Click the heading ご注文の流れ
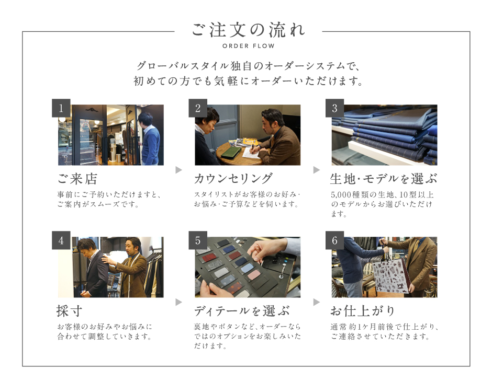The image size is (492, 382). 248,30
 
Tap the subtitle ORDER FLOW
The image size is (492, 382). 249,46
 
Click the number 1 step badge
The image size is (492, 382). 61,108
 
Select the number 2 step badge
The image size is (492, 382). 198,108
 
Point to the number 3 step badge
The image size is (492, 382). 334,108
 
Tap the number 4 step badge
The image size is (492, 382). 61,240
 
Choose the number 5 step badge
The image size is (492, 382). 198,240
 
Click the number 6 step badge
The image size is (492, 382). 334,240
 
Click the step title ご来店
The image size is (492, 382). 77,179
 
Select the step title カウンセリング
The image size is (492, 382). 233,179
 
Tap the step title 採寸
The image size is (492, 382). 69,311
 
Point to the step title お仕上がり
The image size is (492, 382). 362,311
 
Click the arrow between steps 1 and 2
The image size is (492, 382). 178,170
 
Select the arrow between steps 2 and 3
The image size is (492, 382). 317,170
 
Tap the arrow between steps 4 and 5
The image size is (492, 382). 178,302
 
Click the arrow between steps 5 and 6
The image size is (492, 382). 317,302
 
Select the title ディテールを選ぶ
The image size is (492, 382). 242,311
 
